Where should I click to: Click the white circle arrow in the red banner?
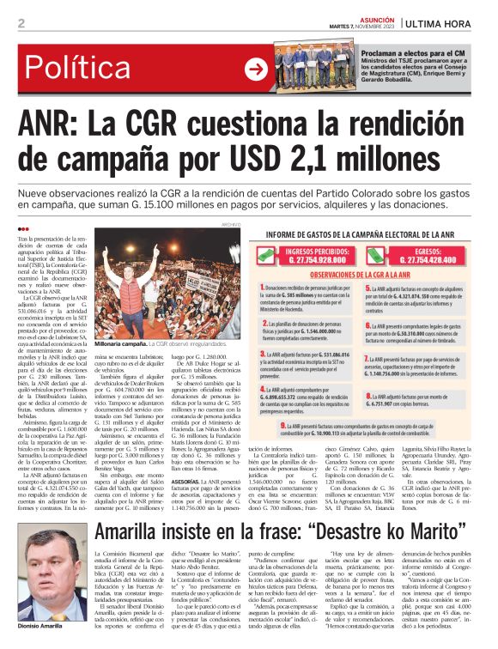pyautogui.click(x=256, y=70)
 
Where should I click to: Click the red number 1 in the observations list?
pyautogui.click(x=263, y=288)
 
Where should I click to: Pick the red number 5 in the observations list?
pyautogui.click(x=368, y=289)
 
